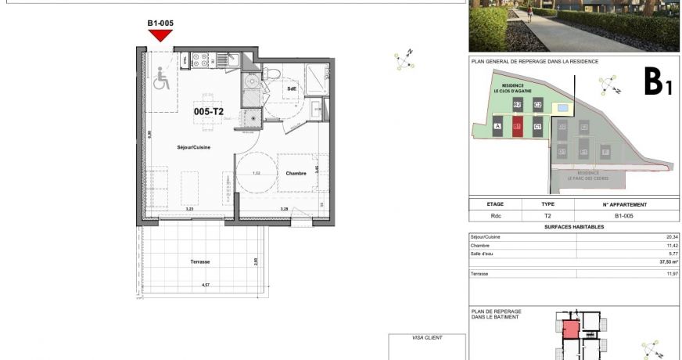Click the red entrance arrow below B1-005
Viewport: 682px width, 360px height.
(160, 35)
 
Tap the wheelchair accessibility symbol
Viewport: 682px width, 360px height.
(162, 78)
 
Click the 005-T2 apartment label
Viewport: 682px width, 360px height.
(209, 112)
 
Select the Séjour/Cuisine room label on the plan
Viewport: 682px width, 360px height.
(192, 147)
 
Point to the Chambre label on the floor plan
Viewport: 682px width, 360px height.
(296, 173)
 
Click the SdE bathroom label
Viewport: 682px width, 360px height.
(292, 88)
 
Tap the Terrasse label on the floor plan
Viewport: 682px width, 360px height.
(199, 261)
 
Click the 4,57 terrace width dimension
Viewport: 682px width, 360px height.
(206, 286)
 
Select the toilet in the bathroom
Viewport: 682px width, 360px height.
(269, 74)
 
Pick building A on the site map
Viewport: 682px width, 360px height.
(497, 126)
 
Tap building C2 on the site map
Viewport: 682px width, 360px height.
(537, 104)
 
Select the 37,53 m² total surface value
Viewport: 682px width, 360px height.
(669, 262)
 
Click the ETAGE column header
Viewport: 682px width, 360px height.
(495, 203)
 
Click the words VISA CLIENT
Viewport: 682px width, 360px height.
(427, 337)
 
